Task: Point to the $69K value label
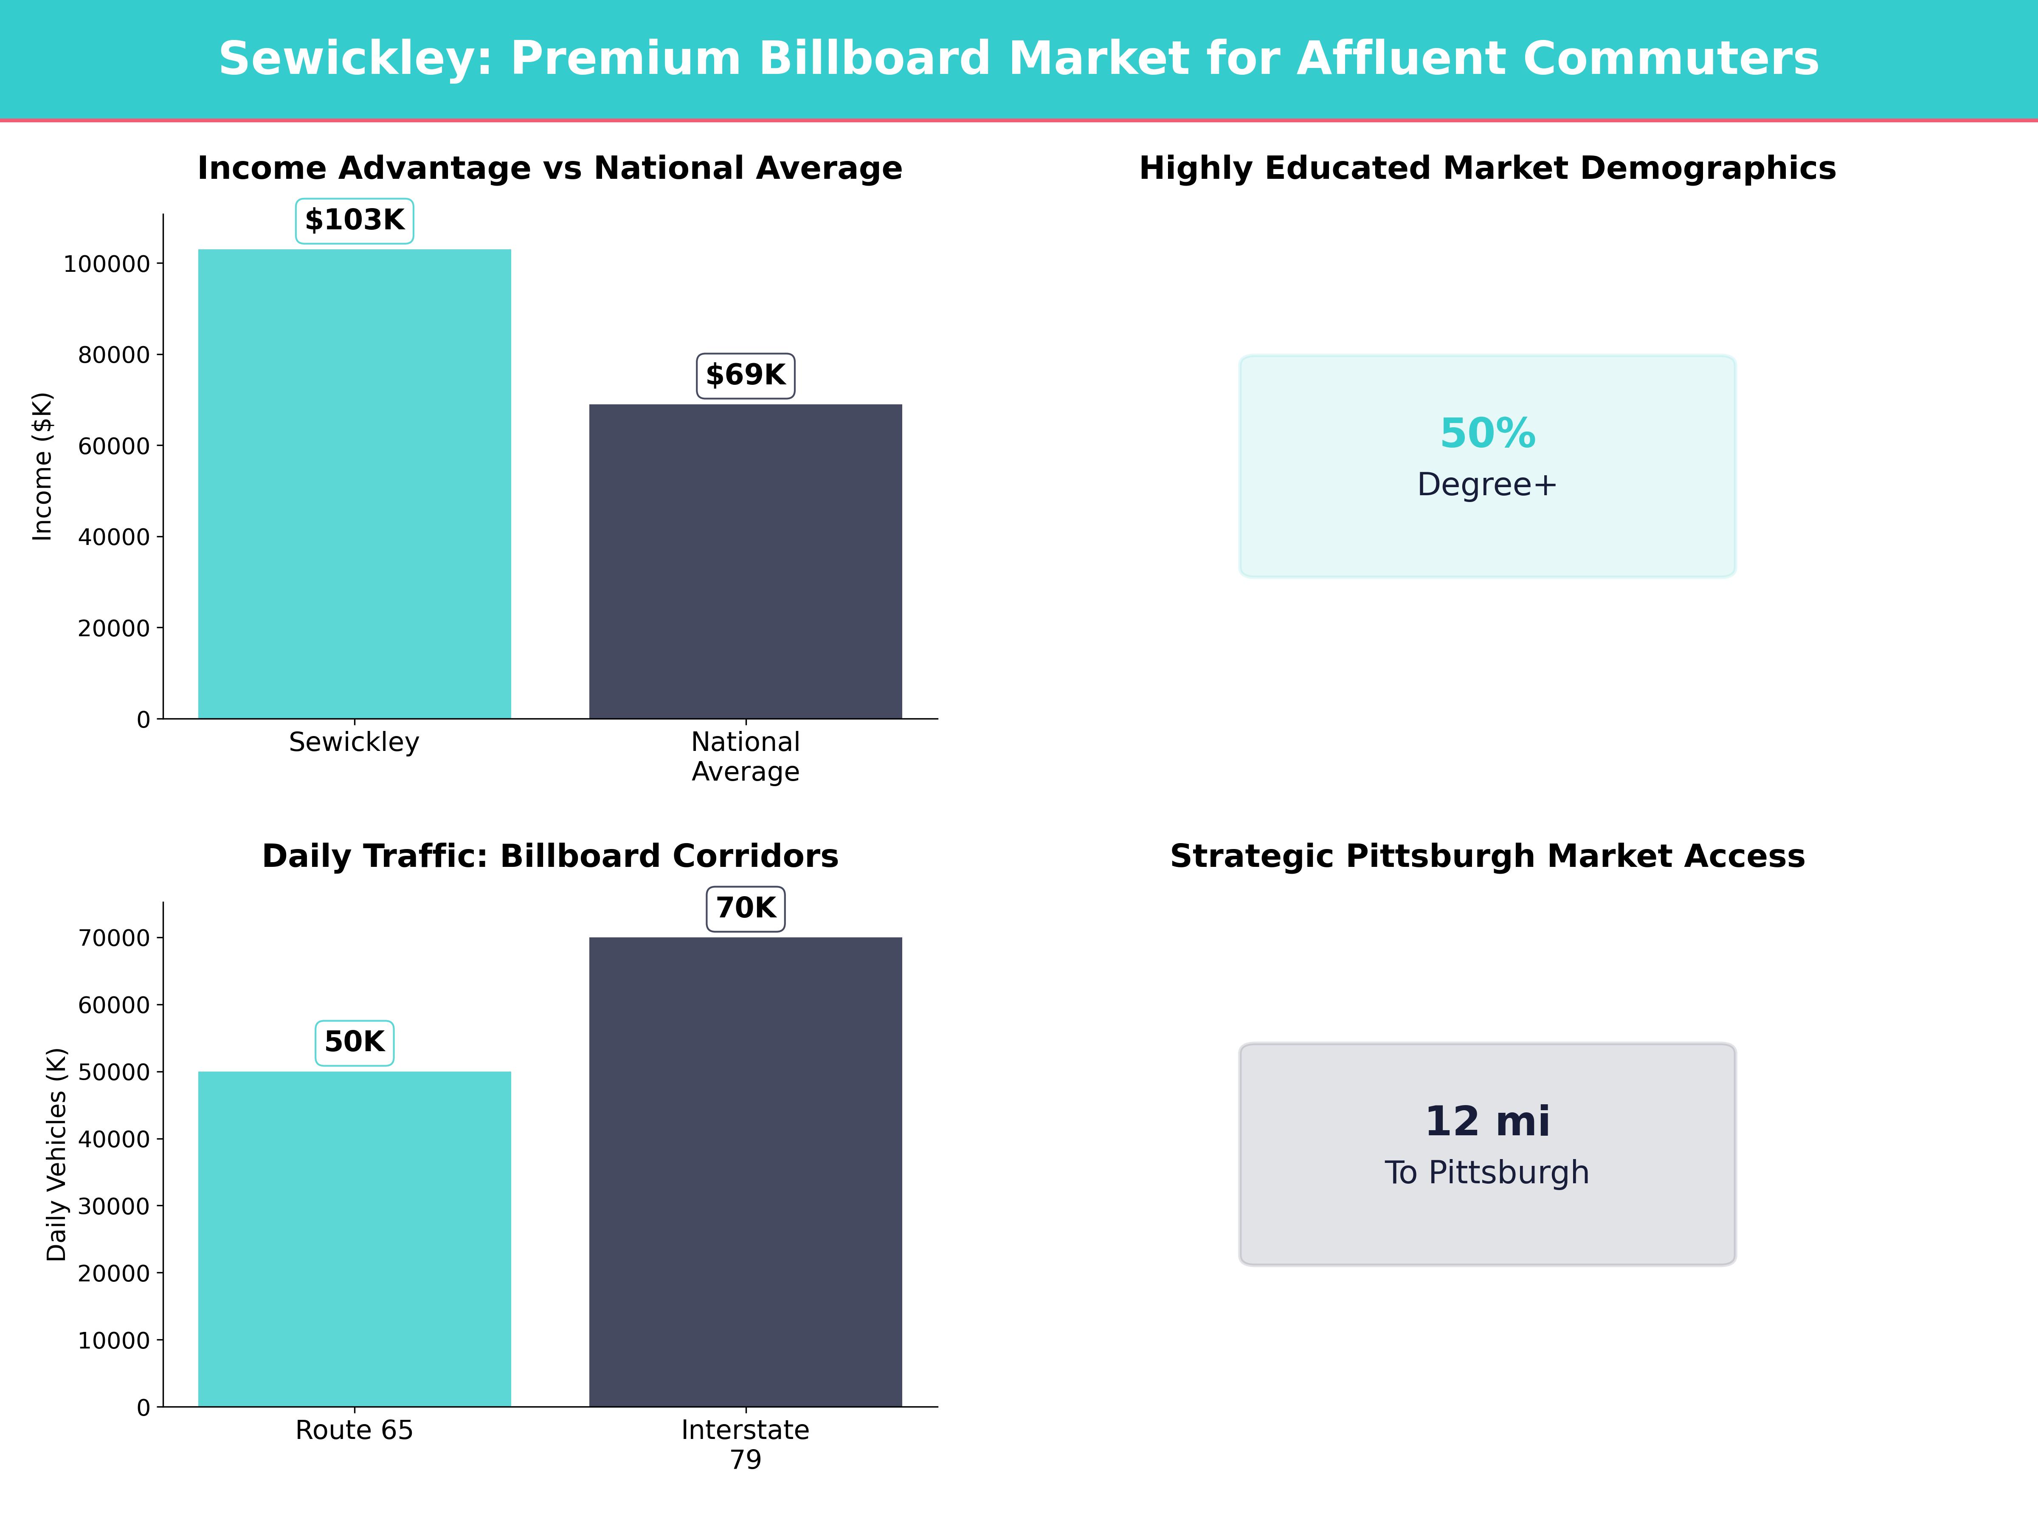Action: [746, 375]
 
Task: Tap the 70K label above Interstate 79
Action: [746, 909]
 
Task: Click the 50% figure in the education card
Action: [1487, 433]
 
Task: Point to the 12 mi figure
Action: [1487, 1122]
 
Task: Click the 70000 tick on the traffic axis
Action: [113, 938]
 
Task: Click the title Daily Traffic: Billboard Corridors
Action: [550, 856]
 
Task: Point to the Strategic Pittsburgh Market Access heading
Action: [1487, 856]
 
